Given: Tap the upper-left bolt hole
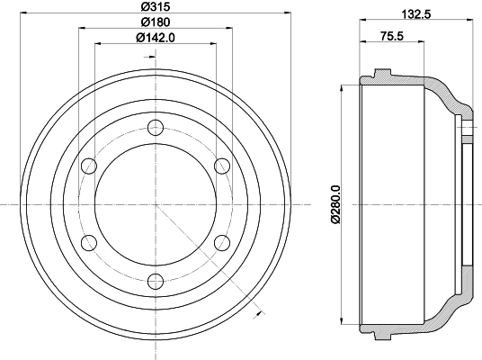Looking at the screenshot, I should pyautogui.click(x=90, y=166).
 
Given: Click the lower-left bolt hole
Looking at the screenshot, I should pyautogui.click(x=90, y=242).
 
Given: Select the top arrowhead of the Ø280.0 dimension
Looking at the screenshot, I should pyautogui.click(x=343, y=88).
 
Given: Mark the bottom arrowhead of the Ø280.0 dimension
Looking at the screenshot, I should pyautogui.click(x=343, y=320).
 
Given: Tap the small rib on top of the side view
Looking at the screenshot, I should pyautogui.click(x=381, y=71).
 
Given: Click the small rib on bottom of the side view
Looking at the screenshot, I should pyautogui.click(x=381, y=337).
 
